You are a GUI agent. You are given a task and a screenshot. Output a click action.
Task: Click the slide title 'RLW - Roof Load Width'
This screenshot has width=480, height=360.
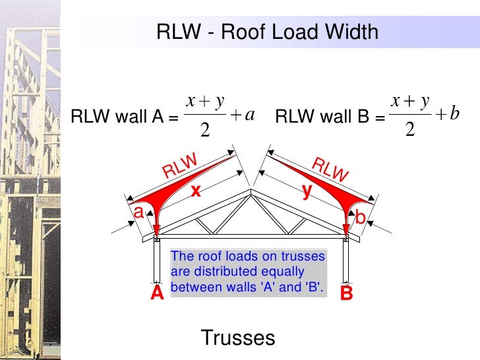click(267, 32)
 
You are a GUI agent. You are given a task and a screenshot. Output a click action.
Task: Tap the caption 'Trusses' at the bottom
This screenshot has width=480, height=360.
click(237, 338)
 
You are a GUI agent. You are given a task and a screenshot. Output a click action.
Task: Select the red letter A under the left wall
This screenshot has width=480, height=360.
click(156, 294)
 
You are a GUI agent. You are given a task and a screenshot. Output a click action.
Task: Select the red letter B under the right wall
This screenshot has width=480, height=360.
click(346, 294)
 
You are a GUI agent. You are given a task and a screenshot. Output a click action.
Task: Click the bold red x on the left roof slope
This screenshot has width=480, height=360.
click(195, 191)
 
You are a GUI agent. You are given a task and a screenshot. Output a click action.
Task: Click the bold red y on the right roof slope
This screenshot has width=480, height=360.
click(307, 191)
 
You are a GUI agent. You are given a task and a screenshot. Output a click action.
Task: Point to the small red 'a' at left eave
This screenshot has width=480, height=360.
click(138, 212)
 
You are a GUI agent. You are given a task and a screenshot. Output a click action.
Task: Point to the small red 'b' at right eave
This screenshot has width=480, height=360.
click(361, 217)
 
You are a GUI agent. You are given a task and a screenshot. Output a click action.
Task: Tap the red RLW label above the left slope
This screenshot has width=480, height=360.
click(180, 165)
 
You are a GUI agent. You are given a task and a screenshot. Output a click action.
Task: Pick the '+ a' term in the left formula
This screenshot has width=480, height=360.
click(243, 115)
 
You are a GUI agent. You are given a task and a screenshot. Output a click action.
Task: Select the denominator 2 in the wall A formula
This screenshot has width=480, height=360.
click(204, 131)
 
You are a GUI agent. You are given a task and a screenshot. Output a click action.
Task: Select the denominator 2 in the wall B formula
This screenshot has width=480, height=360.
click(409, 131)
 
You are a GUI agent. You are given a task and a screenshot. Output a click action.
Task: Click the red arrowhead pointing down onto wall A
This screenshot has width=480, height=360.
click(156, 231)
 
